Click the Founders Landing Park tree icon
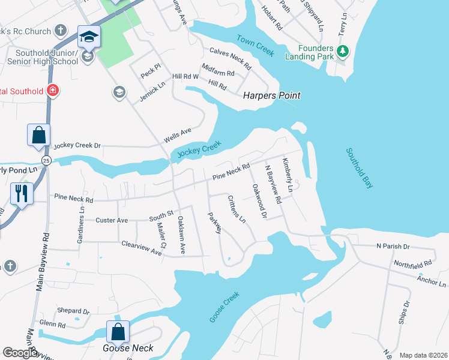point(343,52)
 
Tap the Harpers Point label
point(271,95)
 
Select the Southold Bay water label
point(359,169)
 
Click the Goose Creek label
point(224,307)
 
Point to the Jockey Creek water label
point(200,148)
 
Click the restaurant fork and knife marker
point(22,194)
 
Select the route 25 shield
point(46,160)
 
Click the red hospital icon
point(52,91)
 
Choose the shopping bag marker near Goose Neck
point(118,331)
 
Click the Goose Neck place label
point(128,348)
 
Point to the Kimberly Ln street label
point(289,175)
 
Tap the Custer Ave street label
point(112,220)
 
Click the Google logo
point(20,353)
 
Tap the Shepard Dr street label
point(73,311)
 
